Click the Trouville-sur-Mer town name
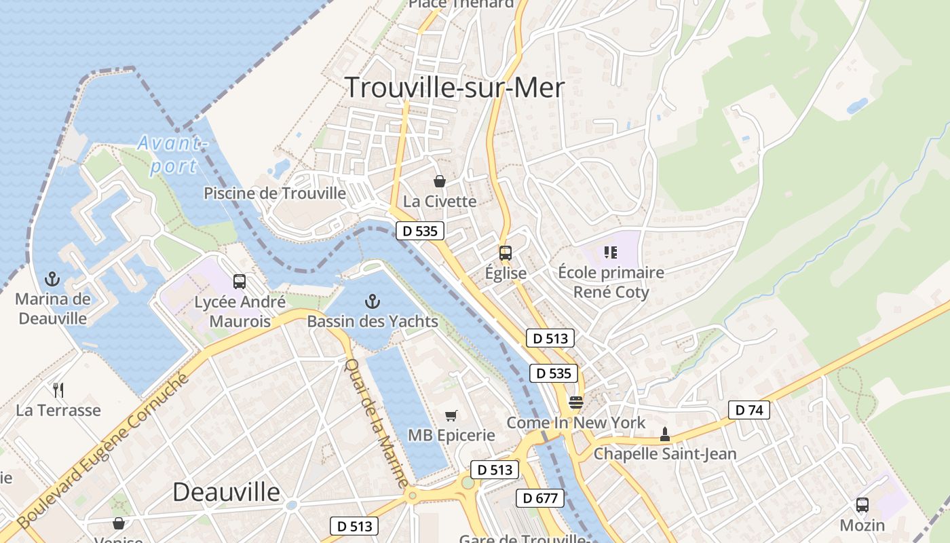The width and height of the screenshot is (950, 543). tap(455, 88)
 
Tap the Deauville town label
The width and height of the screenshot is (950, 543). tap(226, 491)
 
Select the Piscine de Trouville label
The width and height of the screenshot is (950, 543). tap(275, 193)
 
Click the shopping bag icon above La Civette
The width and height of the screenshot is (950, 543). tap(440, 181)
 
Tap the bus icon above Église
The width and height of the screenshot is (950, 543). tap(505, 253)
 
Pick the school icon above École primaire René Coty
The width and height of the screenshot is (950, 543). tap(610, 252)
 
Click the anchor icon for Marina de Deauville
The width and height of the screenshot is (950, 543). tap(52, 278)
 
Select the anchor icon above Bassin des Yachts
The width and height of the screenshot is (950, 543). tap(372, 301)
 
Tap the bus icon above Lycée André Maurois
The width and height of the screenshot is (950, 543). tap(239, 281)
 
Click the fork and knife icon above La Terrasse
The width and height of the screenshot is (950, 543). tap(58, 390)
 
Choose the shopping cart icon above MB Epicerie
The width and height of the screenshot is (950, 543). tap(451, 415)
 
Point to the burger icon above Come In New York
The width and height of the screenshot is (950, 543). tap(575, 402)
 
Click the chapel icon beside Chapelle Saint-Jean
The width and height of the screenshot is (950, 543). tap(665, 434)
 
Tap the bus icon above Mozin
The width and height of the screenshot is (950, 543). tap(862, 505)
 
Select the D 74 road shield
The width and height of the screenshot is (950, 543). tap(749, 410)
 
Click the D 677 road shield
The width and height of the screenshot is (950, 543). tap(540, 498)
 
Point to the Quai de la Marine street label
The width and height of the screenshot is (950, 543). tap(377, 422)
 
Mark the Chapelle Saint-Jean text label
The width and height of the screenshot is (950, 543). tap(665, 454)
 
